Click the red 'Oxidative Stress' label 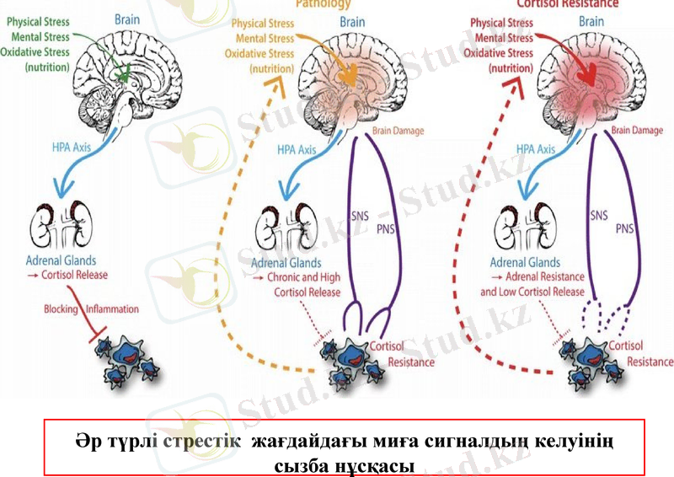(x=502, y=52)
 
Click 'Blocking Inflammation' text (x=92, y=309)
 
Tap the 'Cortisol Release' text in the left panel (x=71, y=275)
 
